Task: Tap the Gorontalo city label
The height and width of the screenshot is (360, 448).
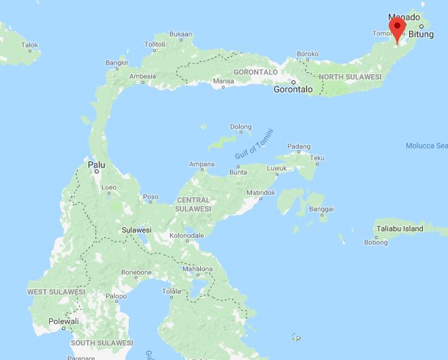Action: coord(293,89)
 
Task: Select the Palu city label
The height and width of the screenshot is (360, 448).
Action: coord(96,164)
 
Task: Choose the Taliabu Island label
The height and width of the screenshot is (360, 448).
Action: coord(413,229)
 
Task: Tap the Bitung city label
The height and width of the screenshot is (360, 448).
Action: coord(421,33)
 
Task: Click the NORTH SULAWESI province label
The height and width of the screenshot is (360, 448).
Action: coord(350,76)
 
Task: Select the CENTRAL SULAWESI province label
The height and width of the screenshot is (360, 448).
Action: coord(193,204)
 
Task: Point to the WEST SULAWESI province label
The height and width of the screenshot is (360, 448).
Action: coord(56,291)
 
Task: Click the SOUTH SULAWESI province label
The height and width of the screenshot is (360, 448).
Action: coord(102,342)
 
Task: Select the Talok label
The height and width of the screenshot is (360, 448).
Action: coord(29,45)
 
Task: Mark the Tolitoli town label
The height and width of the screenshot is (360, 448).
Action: coord(155,44)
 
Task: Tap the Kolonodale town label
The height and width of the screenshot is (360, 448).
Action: coord(187,235)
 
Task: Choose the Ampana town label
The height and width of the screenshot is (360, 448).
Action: coord(202,164)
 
